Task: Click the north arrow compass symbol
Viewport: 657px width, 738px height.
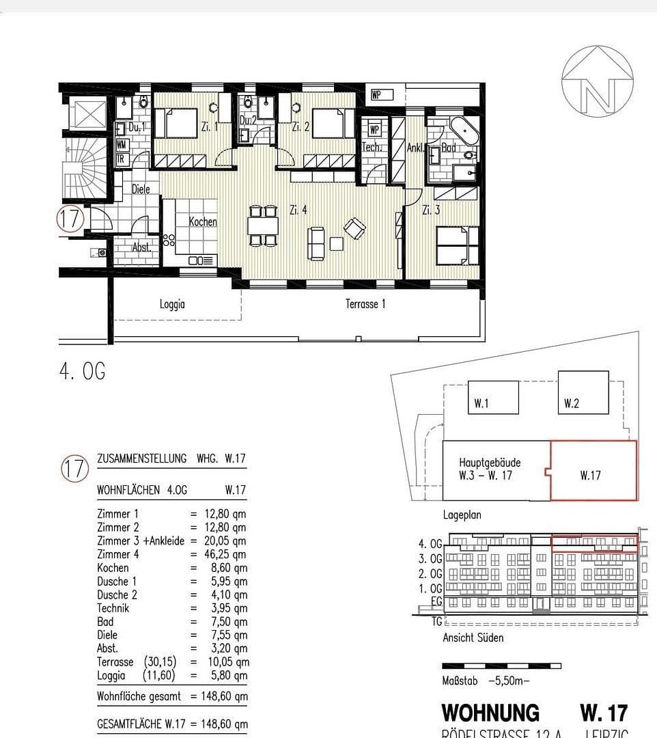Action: coord(598,80)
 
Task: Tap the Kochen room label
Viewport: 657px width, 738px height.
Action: coord(203,222)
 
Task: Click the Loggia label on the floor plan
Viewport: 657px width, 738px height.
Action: coord(172,305)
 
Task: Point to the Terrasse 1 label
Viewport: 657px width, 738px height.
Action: coord(365,304)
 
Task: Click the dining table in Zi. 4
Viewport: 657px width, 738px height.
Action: coord(263,225)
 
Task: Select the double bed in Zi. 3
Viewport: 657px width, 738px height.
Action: coord(458,245)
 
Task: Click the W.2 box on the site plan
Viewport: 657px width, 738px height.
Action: coord(583,393)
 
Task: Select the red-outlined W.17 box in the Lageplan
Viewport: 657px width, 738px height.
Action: coord(593,471)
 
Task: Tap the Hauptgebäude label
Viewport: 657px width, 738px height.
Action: coord(489,463)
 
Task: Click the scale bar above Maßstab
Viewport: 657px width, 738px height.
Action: coord(501,665)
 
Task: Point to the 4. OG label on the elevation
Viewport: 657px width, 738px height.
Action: coord(430,544)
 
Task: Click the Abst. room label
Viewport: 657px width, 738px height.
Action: coord(141,247)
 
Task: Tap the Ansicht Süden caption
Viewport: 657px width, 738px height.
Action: coord(473,638)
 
